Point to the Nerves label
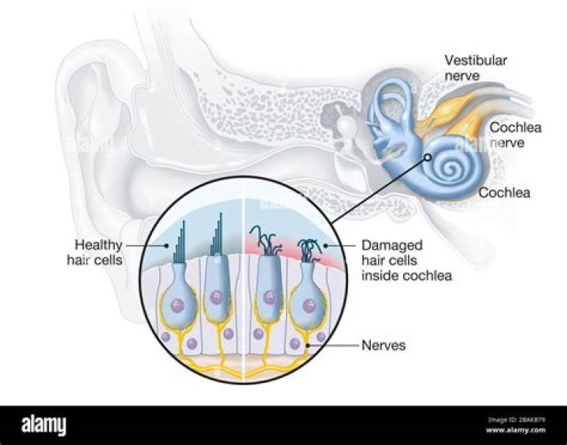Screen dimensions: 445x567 click(384, 345)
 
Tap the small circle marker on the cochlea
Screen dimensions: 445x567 click(428, 158)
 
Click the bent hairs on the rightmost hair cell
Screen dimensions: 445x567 click(311, 247)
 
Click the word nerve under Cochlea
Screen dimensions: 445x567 click(506, 144)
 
